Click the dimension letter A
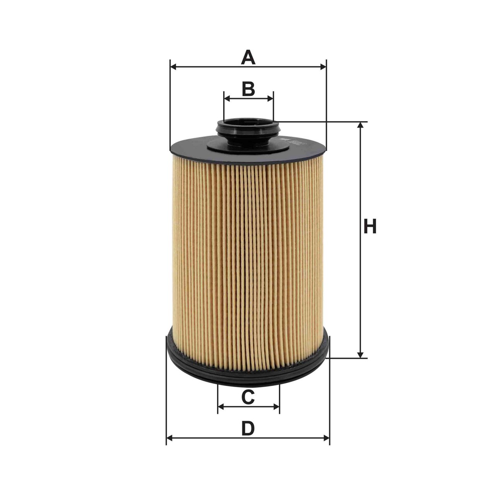(248, 58)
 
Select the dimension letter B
(248, 89)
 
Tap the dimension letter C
(248, 397)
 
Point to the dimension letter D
(248, 428)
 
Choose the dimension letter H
(370, 227)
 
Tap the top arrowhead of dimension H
(361, 125)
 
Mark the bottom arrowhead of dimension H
(361, 355)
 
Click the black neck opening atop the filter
(248, 128)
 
